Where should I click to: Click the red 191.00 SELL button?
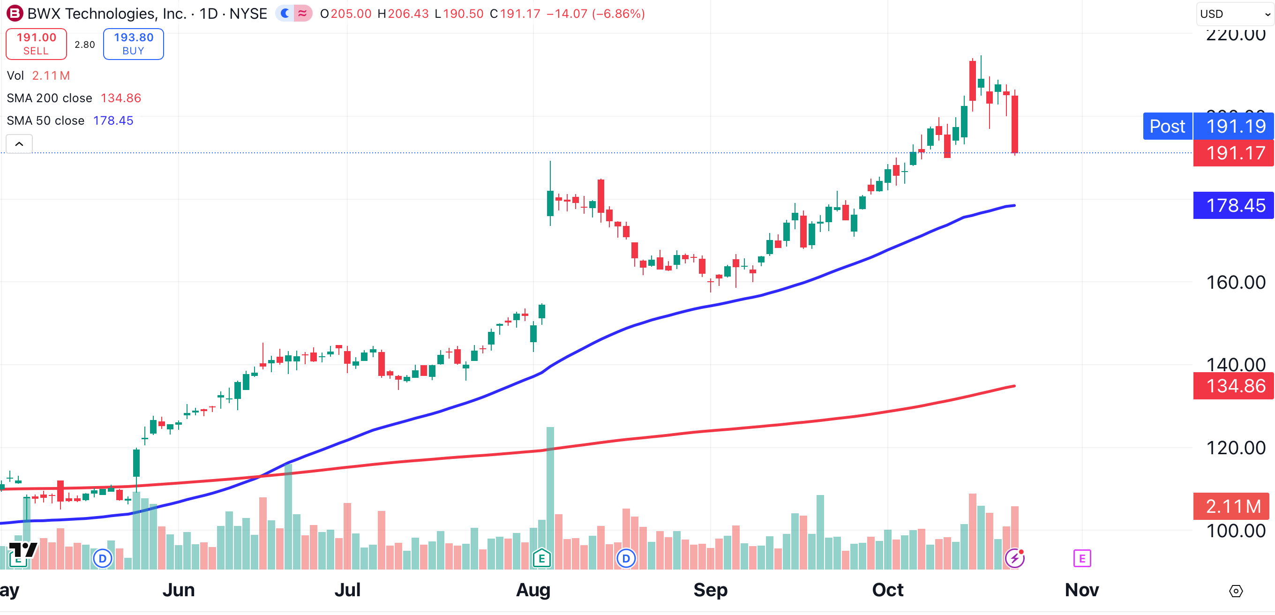point(36,44)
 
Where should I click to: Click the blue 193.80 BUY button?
point(133,44)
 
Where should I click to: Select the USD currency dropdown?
point(1234,14)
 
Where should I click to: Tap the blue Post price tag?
point(1167,126)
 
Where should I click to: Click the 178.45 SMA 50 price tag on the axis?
point(1234,205)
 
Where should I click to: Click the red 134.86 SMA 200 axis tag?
point(1234,386)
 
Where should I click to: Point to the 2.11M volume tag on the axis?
point(1232,506)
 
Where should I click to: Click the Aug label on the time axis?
point(533,590)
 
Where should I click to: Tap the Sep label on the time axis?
point(710,590)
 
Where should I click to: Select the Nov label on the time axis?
point(1081,590)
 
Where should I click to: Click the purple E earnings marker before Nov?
point(1082,559)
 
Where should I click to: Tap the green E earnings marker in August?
point(541,559)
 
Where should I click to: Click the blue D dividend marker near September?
point(626,559)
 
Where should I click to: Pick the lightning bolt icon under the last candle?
point(1015,559)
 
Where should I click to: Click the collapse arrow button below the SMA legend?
point(19,144)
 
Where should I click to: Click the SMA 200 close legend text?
point(50,98)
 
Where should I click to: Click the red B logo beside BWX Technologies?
point(15,13)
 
